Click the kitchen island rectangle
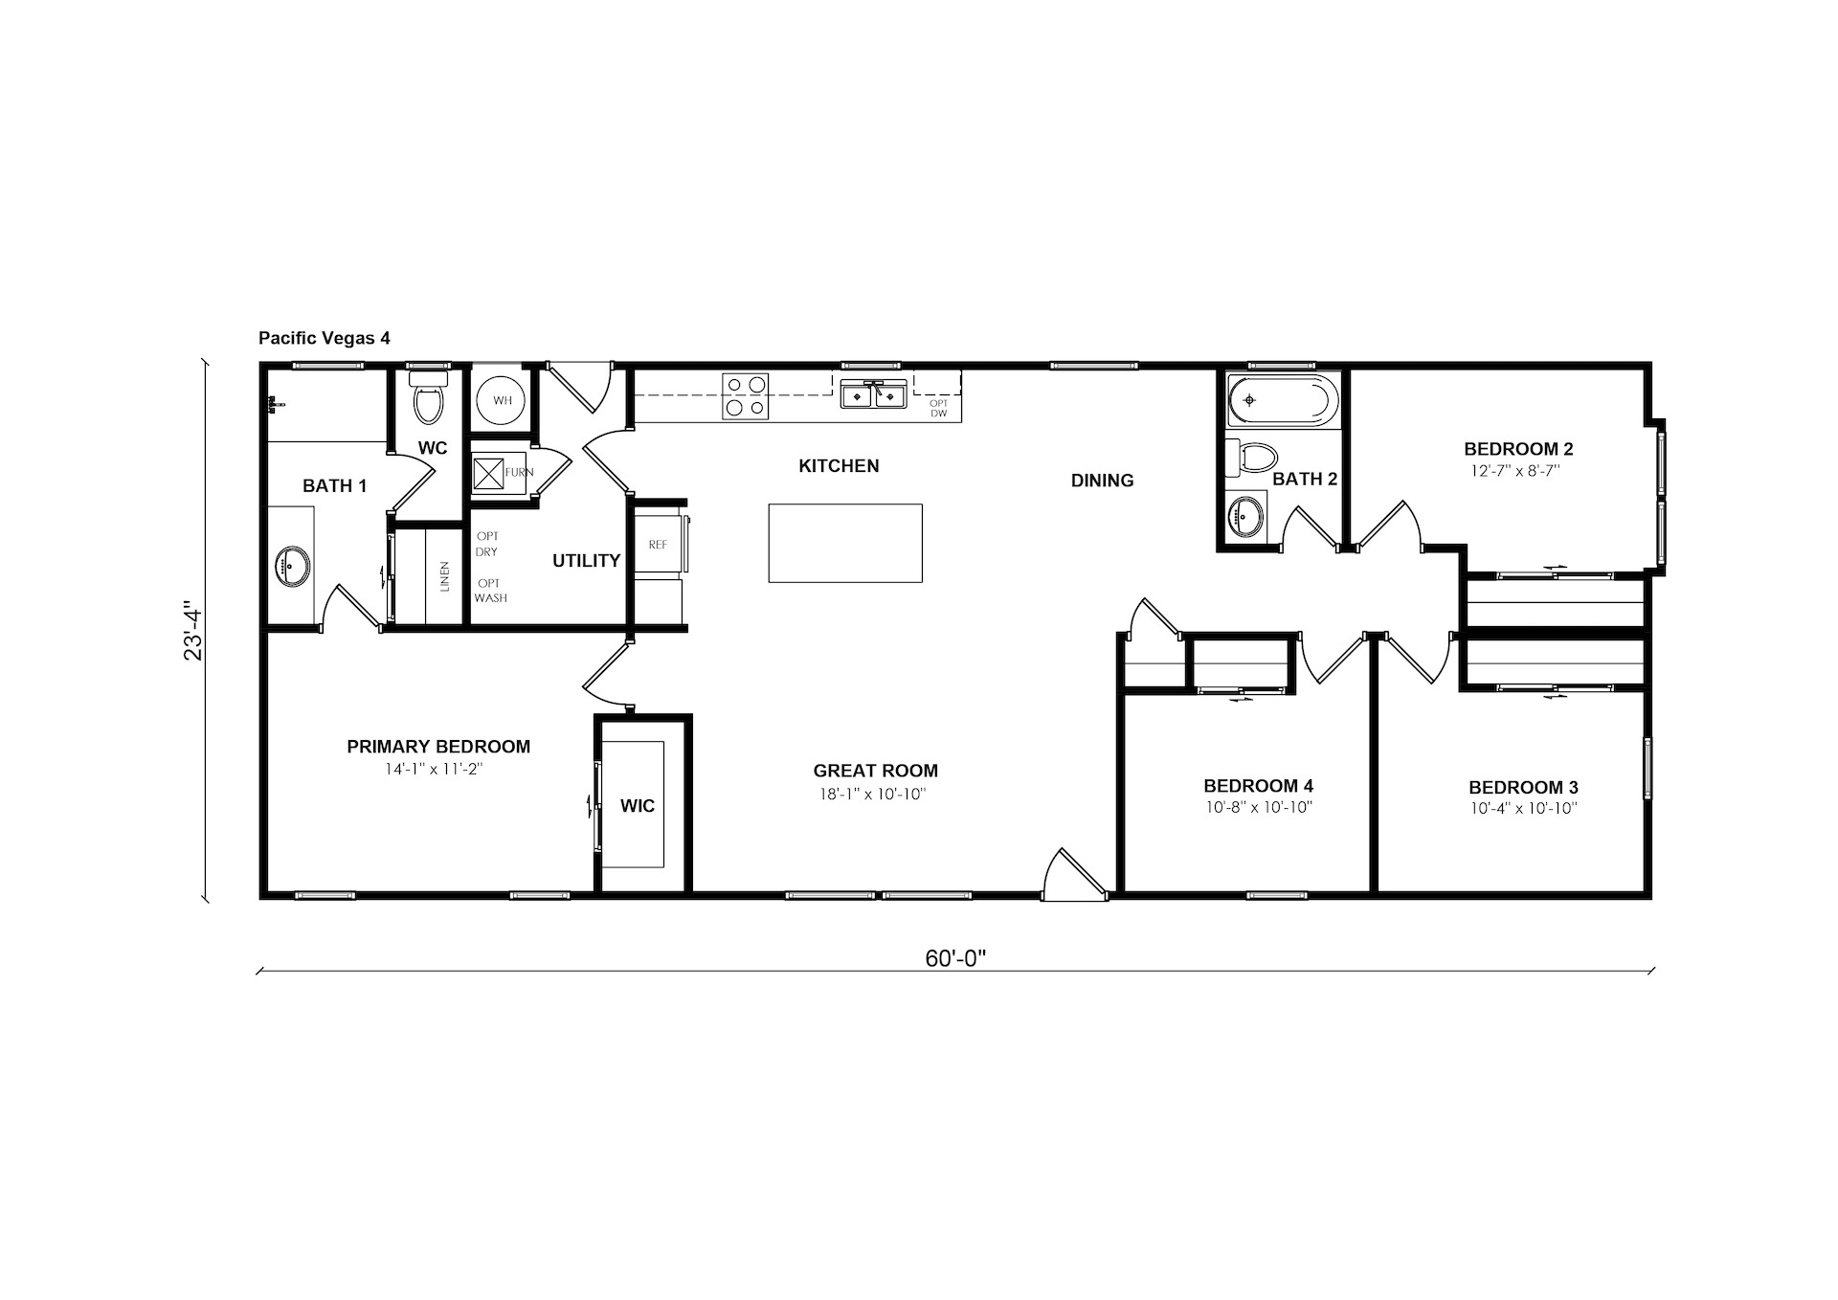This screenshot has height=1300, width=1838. [845, 543]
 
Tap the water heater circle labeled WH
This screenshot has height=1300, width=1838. [503, 400]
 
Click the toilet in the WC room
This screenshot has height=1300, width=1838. [428, 397]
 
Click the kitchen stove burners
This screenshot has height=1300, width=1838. [746, 396]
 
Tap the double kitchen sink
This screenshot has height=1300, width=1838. [873, 393]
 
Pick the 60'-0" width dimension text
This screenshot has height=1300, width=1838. [955, 958]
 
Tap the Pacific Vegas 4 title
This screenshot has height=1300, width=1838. [325, 338]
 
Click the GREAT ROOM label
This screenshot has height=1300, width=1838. [875, 771]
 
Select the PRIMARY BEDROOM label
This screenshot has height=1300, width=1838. [438, 747]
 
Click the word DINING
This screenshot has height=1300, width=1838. [1102, 481]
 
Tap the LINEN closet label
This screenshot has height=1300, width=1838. [445, 577]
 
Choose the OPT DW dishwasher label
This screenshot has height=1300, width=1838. [938, 408]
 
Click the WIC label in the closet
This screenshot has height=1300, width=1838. [638, 806]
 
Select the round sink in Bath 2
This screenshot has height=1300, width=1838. [1244, 518]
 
